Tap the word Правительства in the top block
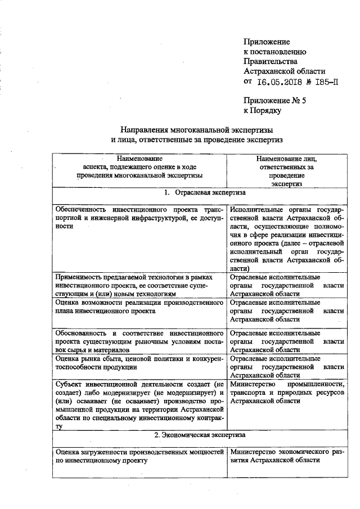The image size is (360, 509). point(271,61)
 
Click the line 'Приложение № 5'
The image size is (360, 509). point(274,101)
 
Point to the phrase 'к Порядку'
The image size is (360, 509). point(262,111)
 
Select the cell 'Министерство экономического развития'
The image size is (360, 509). point(287,456)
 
